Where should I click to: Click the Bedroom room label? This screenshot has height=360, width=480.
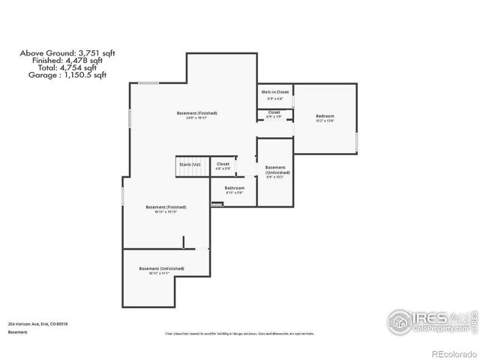coord(324,116)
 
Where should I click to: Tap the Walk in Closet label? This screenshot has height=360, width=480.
coord(275,91)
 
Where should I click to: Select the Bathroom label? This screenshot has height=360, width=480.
coord(235,188)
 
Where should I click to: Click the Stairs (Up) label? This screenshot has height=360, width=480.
coord(190,163)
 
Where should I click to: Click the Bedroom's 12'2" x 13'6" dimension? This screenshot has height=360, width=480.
coord(324,121)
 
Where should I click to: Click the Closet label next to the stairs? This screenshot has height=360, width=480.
coord(223,163)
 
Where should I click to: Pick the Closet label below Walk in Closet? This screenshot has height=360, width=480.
coord(274,112)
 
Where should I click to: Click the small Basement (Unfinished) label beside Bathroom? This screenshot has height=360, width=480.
coord(275,169)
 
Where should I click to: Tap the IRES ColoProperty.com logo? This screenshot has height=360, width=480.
coord(431,320)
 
